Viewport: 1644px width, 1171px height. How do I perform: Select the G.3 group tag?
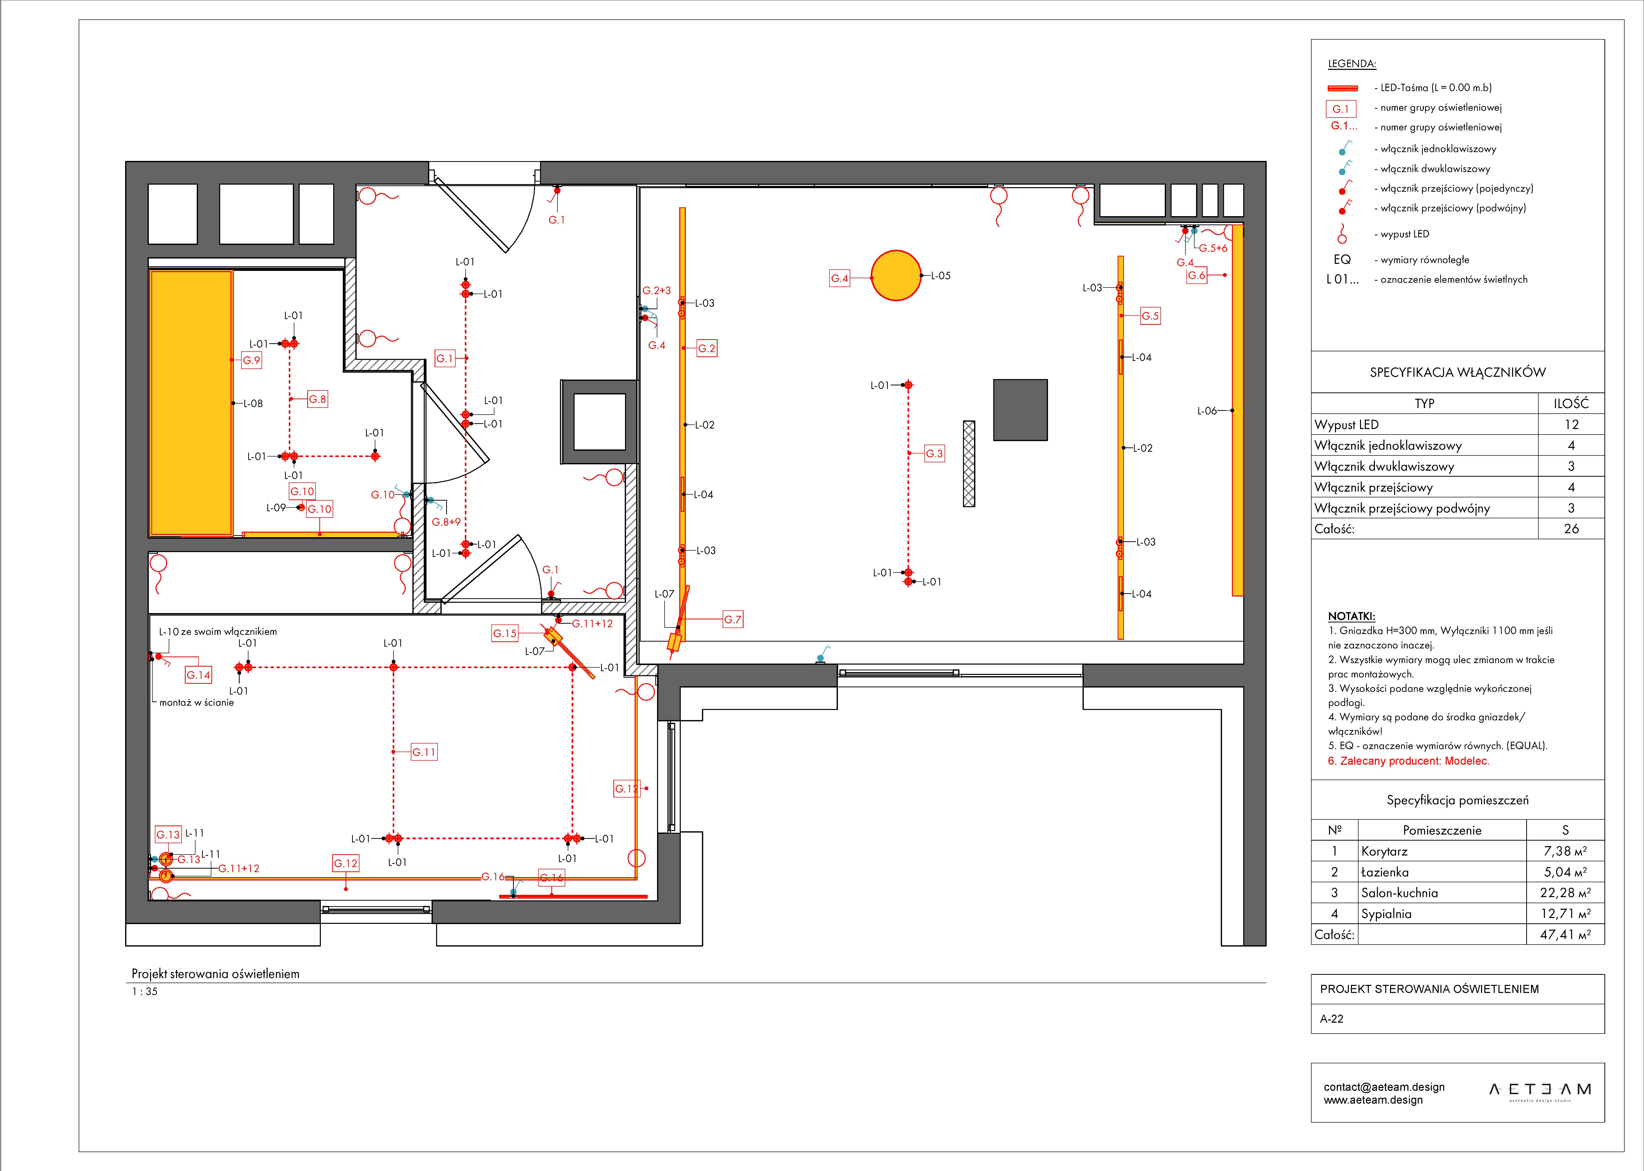(x=934, y=453)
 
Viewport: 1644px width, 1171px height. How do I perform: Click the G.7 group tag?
(x=733, y=619)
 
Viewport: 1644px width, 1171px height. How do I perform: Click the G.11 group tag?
(x=424, y=752)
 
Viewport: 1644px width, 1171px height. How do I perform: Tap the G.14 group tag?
(x=198, y=675)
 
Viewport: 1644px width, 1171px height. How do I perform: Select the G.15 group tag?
(x=505, y=633)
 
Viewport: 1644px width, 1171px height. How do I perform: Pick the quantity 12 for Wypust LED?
(x=1571, y=425)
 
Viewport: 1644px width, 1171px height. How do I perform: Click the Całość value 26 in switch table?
(x=1571, y=529)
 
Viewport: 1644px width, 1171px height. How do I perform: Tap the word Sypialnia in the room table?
(x=1386, y=913)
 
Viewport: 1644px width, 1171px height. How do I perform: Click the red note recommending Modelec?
(x=1408, y=761)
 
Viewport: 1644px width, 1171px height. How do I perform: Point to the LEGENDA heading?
(x=1352, y=64)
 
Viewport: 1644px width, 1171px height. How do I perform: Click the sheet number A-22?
(x=1332, y=1019)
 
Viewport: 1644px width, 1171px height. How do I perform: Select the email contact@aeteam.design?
(x=1384, y=1087)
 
